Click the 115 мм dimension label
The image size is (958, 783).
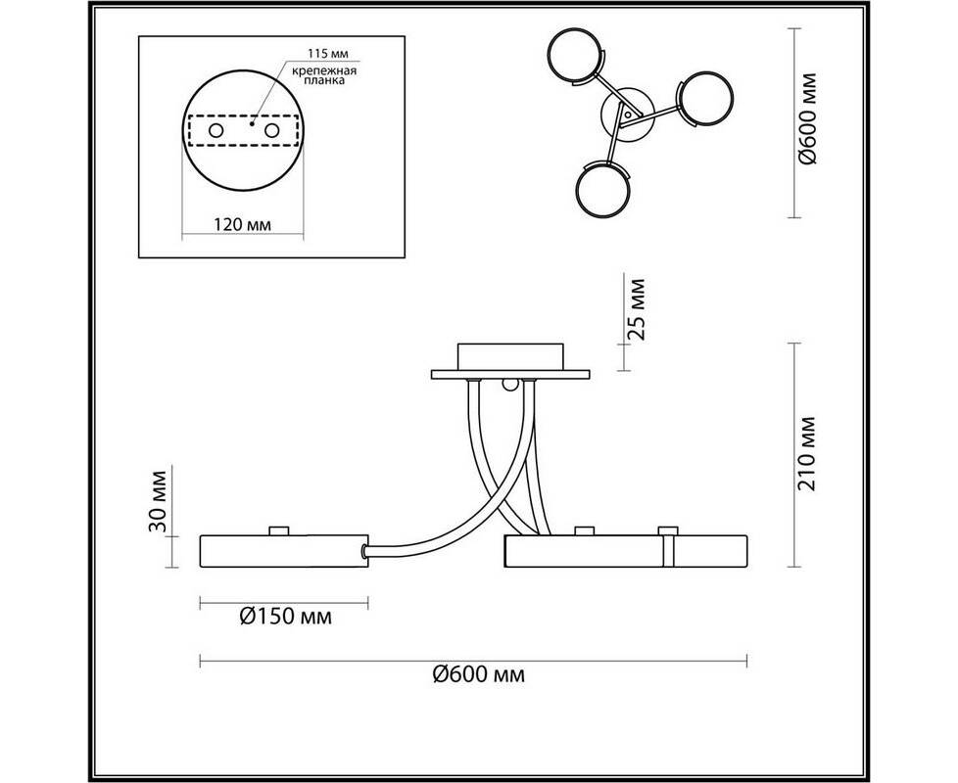tap(329, 54)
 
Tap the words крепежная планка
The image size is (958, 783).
tap(323, 75)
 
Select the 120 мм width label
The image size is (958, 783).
tap(243, 224)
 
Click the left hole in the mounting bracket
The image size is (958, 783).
tap(216, 130)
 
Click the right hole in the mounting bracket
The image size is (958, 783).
tap(272, 130)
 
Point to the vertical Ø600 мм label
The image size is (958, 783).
tap(807, 118)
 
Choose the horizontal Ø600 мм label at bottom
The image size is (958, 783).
tap(478, 674)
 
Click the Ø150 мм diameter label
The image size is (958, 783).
tap(286, 617)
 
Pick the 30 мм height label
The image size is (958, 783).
tap(158, 500)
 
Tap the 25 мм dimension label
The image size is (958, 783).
tap(637, 309)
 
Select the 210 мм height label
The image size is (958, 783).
tap(806, 453)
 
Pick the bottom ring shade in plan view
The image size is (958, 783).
tap(603, 191)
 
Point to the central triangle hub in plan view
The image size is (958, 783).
tap(628, 115)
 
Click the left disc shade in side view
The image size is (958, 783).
tap(284, 551)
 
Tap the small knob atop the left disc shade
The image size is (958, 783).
tap(279, 530)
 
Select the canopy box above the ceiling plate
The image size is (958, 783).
tap(509, 356)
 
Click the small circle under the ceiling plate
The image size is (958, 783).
tap(509, 385)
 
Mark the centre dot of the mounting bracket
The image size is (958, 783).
tap(251, 123)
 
